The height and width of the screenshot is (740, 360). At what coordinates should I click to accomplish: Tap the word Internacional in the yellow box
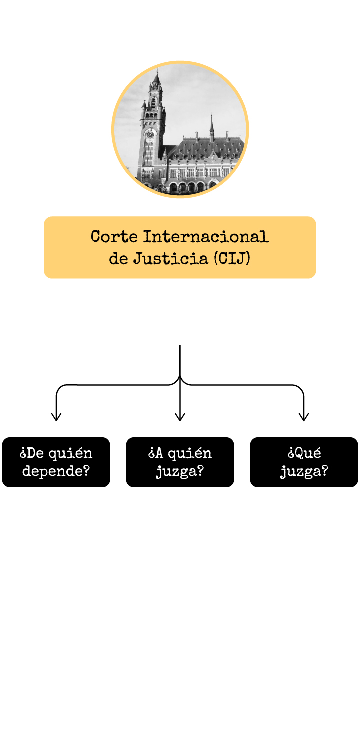[206, 236]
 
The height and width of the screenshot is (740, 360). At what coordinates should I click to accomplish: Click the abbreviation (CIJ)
[231, 259]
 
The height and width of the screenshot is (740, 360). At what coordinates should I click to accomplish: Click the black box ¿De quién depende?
[56, 462]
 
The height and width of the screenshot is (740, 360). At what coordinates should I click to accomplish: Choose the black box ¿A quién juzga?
[180, 462]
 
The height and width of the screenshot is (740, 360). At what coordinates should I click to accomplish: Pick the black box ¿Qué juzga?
[304, 462]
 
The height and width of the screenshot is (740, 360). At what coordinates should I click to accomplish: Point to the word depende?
[56, 471]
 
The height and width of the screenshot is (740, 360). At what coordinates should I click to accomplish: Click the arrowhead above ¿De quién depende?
[56, 417]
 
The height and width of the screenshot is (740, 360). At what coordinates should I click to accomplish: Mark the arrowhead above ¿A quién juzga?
[180, 417]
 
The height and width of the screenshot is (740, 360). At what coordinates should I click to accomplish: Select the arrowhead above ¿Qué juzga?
[304, 417]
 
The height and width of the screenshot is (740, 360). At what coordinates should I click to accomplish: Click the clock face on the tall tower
[150, 134]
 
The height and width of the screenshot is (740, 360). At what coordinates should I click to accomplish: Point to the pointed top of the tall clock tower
[157, 75]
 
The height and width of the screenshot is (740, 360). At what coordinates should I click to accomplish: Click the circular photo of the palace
[180, 130]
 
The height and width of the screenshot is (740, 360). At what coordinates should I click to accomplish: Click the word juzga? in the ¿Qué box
[304, 471]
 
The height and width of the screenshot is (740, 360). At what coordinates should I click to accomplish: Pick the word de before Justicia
[118, 259]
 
